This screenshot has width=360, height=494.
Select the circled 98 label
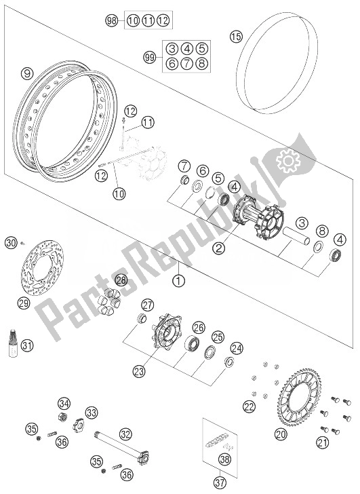pyautogui.click(x=113, y=21)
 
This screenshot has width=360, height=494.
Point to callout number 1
pyautogui.click(x=178, y=279)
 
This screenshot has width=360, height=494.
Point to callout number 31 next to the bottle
pyautogui.click(x=26, y=345)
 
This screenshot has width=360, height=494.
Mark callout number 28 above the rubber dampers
pyautogui.click(x=121, y=279)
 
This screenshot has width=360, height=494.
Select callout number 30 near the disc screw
pyautogui.click(x=10, y=242)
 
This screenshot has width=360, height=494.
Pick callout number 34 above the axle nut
pyautogui.click(x=64, y=403)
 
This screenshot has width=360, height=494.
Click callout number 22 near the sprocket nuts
pyautogui.click(x=249, y=406)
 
